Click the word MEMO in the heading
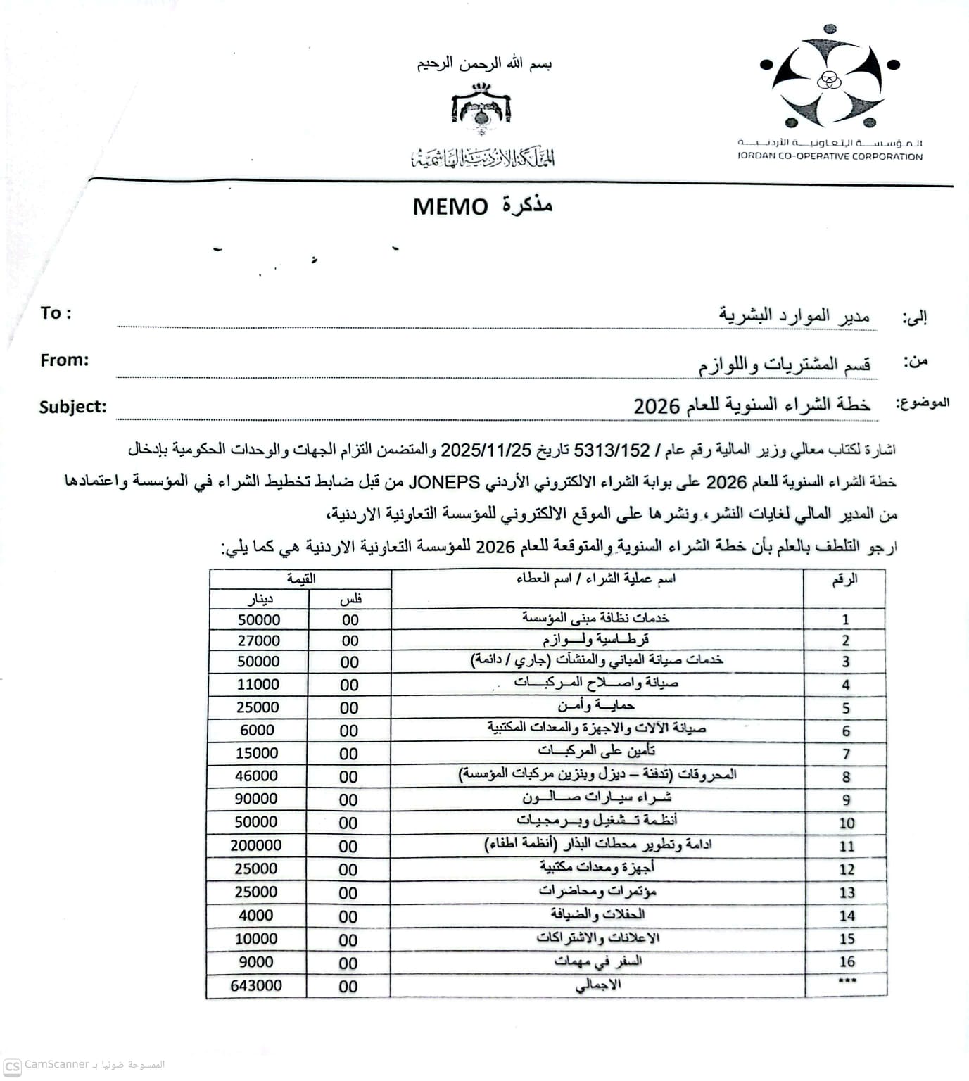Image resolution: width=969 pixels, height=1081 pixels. point(450,207)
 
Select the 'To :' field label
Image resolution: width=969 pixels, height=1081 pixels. point(56,313)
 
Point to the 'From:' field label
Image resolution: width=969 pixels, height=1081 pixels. point(65,360)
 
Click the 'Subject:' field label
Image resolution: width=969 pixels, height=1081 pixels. point(73,407)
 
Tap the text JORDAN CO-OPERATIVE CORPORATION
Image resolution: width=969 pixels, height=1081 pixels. point(830,157)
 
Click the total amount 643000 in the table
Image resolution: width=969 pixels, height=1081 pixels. point(256,985)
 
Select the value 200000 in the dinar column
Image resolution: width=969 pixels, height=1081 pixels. point(256,845)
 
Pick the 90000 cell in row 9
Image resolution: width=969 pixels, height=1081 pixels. point(256,799)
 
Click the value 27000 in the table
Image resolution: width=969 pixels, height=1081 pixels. point(258,640)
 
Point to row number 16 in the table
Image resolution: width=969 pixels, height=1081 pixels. point(847,961)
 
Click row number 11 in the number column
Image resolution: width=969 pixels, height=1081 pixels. point(847,846)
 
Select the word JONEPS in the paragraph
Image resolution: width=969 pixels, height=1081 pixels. point(444,483)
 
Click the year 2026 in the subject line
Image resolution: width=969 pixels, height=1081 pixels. point(656,407)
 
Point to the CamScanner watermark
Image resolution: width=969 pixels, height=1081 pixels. point(56,1065)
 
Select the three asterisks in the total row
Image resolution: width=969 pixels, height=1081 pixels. point(847,982)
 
